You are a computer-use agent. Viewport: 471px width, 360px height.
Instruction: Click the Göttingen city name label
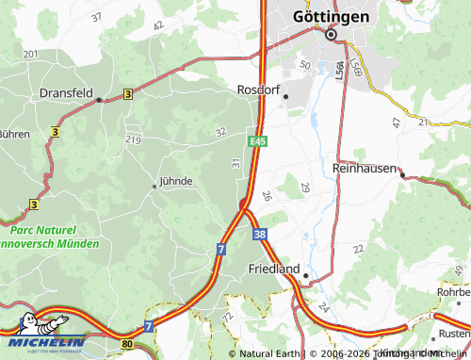pyautogui.click(x=331, y=15)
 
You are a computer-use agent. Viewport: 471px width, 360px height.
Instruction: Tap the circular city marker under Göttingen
pyautogui.click(x=331, y=35)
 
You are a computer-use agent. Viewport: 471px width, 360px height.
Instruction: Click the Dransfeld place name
pyautogui.click(x=66, y=94)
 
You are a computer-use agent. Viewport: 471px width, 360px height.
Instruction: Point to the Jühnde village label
pyautogui.click(x=176, y=180)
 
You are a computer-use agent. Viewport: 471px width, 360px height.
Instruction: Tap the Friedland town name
pyautogui.click(x=273, y=269)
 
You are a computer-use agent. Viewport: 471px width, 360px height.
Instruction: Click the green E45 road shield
pyautogui.click(x=257, y=141)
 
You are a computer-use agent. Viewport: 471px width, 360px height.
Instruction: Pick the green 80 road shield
pyautogui.click(x=127, y=345)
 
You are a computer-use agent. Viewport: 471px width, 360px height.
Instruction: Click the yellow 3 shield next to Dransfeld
pyautogui.click(x=127, y=94)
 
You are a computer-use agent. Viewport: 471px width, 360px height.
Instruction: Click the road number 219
pyautogui.click(x=133, y=140)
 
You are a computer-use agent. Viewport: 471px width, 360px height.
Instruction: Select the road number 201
pyautogui.click(x=30, y=55)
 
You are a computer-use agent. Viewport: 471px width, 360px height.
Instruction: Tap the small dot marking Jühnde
pyautogui.click(x=154, y=186)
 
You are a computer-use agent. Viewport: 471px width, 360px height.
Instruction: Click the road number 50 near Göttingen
pyautogui.click(x=304, y=64)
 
